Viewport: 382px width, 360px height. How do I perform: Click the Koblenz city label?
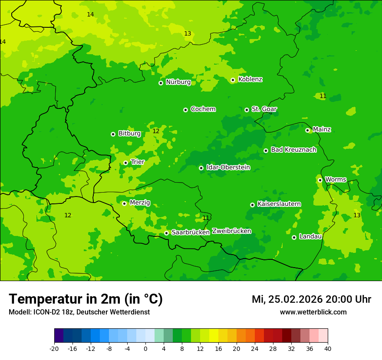(x=250, y=79)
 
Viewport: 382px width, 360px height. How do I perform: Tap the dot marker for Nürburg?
(x=161, y=83)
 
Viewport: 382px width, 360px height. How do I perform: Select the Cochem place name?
(x=203, y=109)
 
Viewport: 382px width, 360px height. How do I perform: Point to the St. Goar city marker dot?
(x=247, y=110)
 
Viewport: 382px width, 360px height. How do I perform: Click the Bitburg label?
(x=129, y=134)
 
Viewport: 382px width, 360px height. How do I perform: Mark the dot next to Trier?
(x=125, y=163)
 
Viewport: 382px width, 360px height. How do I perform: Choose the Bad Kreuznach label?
(x=293, y=150)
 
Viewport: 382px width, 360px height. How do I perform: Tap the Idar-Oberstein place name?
(x=228, y=167)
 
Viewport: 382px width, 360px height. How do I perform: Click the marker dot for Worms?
(x=320, y=180)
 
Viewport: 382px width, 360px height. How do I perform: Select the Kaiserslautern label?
(x=279, y=204)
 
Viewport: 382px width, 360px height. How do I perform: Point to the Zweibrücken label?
(x=231, y=231)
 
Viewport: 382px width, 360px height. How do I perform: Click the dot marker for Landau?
(x=294, y=237)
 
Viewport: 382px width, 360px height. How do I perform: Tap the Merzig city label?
(x=140, y=203)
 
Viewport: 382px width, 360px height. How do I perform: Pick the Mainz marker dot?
(x=307, y=130)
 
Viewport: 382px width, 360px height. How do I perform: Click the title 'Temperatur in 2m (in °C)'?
(x=86, y=299)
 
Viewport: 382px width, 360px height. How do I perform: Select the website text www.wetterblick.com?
(x=313, y=312)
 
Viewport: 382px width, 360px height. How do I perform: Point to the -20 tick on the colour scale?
(x=54, y=349)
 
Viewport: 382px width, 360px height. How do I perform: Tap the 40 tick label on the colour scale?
(x=328, y=349)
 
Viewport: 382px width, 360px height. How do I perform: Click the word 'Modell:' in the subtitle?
(x=20, y=312)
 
